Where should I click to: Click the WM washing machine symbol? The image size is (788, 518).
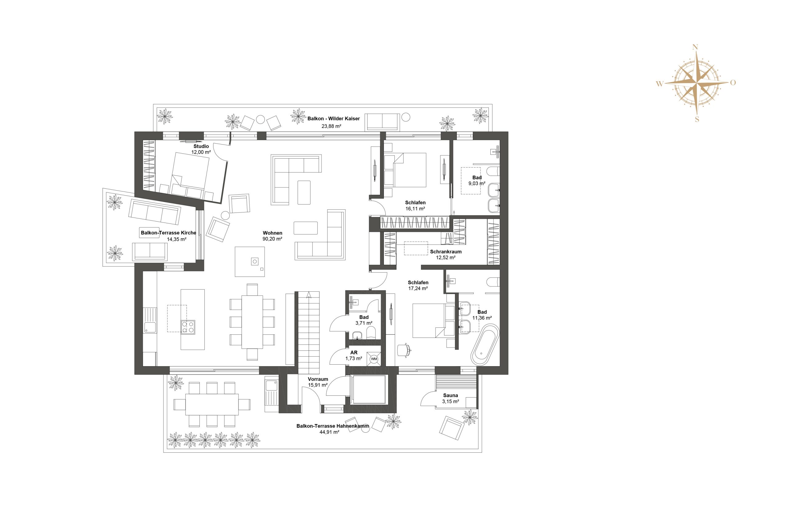[x=374, y=359]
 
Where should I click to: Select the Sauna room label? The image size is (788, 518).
[x=450, y=395]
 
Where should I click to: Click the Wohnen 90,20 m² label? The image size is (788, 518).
[x=272, y=236]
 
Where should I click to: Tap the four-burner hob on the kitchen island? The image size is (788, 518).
[x=188, y=327]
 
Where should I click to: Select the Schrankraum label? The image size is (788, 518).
[x=446, y=251]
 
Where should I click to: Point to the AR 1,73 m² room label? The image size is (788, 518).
[x=354, y=355]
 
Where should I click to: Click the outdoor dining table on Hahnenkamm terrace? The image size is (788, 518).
[x=212, y=404]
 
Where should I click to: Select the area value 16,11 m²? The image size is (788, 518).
[x=415, y=209]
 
